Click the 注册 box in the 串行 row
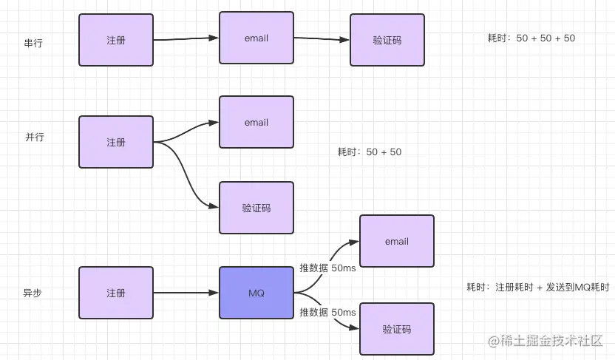pos(116,40)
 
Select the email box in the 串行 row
pos(256,38)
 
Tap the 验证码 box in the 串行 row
pos(387,40)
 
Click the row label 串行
pos(33,43)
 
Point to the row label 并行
pos(35,137)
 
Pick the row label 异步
pos(33,293)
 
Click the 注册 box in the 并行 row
pos(116,142)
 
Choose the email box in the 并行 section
pos(256,122)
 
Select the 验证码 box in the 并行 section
pos(256,208)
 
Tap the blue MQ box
pos(256,293)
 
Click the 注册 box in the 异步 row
pos(116,293)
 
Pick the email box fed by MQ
pos(397,241)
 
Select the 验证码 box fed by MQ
pos(397,329)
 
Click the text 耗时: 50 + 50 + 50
pos(531,38)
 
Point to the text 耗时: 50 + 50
pos(370,152)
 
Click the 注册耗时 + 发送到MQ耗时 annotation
pos(537,288)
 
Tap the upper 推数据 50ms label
pos(328,268)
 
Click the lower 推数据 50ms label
pos(328,312)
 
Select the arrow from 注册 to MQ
pos(186,293)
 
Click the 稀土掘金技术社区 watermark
pos(546,341)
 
